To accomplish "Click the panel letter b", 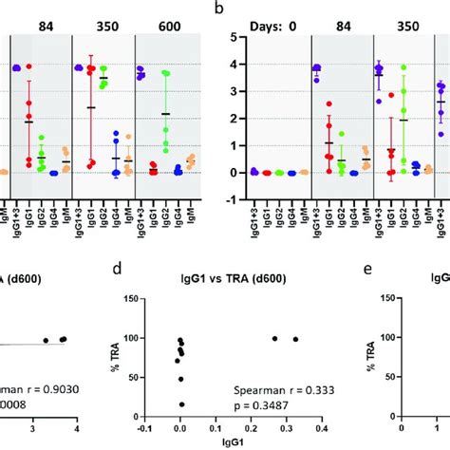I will coord(219,9).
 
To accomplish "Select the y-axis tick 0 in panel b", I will coord(228,173).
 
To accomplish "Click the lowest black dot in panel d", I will coord(181,403).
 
